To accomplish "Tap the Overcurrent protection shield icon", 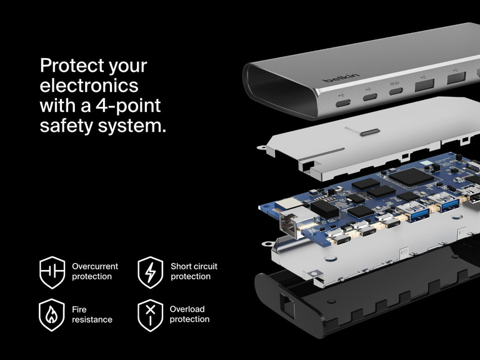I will click(52, 272).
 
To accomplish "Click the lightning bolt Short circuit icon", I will click(150, 272).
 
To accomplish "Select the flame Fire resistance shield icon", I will click(52, 315).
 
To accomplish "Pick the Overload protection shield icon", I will click(150, 315).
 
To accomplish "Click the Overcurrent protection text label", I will click(95, 271).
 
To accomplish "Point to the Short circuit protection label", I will click(194, 271).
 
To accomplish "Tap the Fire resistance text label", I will click(92, 314).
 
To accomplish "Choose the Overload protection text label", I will click(189, 314).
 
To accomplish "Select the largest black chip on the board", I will click(410, 177).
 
